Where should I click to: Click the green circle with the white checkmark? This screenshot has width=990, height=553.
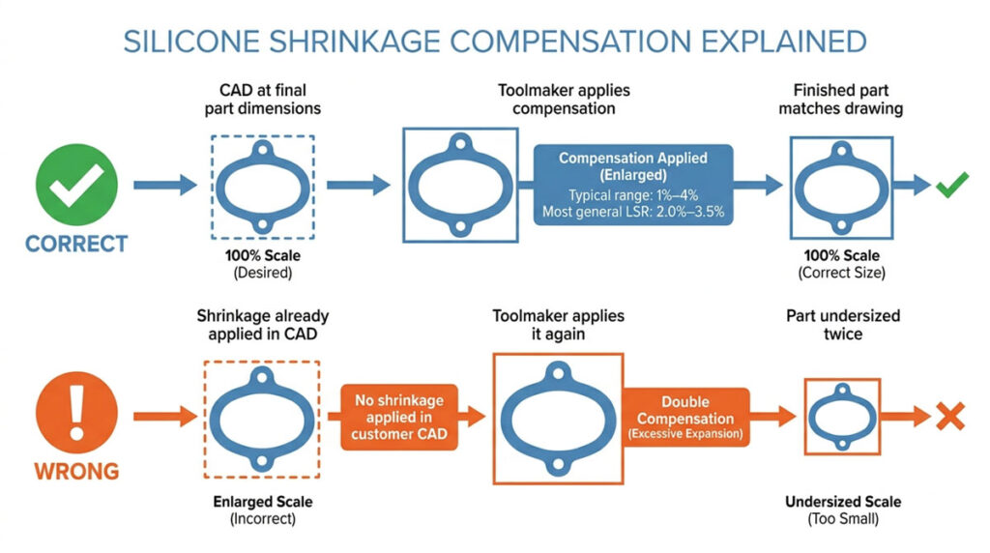[76, 185]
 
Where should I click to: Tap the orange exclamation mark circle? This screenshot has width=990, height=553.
[76, 413]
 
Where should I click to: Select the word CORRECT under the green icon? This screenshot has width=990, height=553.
[76, 245]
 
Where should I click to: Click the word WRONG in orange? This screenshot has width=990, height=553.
[76, 472]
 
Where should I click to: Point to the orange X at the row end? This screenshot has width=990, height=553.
[950, 417]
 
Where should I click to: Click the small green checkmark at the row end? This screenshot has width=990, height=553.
[952, 185]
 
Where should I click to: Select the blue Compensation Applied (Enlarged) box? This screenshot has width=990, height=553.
[633, 185]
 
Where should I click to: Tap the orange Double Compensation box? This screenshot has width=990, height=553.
[685, 418]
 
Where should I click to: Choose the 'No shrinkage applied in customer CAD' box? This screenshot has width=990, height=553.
[399, 418]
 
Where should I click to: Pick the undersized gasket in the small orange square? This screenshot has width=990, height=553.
[842, 417]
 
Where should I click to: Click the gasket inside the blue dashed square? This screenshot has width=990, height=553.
[263, 187]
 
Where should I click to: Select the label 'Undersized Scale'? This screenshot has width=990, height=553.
[843, 502]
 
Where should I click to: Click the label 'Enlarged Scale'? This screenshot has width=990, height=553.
[263, 502]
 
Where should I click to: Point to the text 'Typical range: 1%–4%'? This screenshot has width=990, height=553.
[633, 195]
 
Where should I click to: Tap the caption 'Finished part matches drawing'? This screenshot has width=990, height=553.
[840, 100]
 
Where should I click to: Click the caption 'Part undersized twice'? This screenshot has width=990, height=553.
[843, 325]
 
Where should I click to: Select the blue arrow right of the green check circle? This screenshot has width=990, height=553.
[165, 185]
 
